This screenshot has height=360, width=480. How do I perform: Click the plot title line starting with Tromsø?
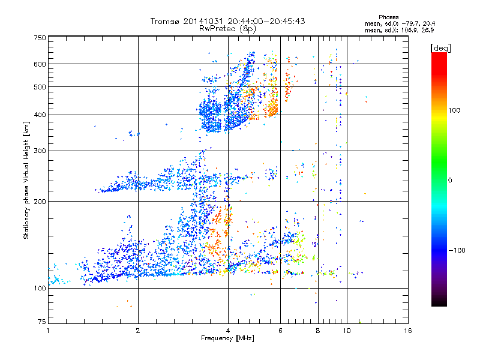tap(228, 21)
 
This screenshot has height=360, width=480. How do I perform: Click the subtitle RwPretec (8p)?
tap(228, 28)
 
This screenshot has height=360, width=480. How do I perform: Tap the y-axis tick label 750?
tap(39, 38)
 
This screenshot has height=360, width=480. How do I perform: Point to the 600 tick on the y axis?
tap(39, 64)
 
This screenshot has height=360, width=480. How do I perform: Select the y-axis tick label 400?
tap(39, 115)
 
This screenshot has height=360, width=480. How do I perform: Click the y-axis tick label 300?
tap(39, 151)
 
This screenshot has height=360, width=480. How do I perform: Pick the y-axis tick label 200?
tap(39, 202)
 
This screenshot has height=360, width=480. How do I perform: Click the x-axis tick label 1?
tap(48, 331)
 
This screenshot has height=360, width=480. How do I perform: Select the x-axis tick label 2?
tap(138, 331)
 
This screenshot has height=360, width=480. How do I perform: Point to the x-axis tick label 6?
tap(281, 331)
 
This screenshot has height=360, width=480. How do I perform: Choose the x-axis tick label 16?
tap(408, 331)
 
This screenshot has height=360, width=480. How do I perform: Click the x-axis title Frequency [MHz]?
tap(228, 338)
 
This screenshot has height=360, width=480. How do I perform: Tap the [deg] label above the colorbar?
tap(440, 47)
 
